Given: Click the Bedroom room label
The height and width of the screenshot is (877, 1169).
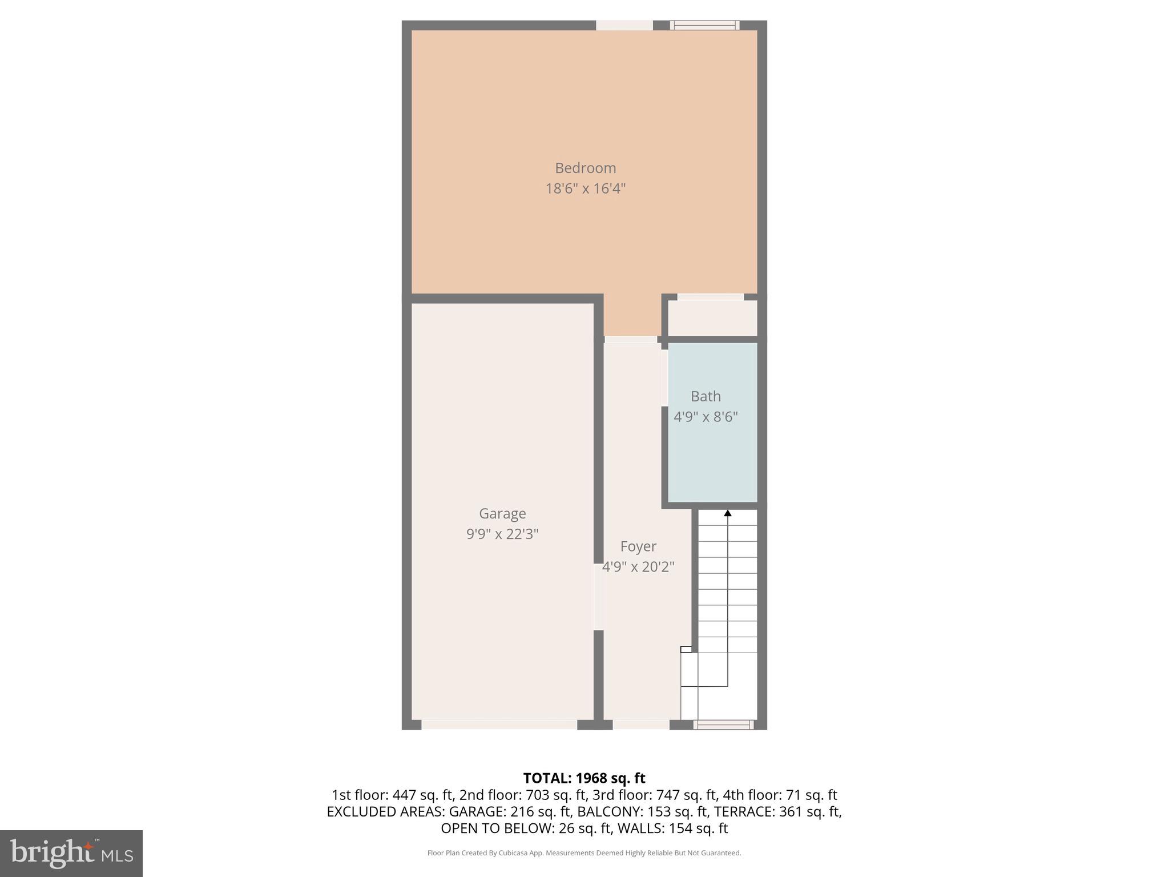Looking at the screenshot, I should (585, 168).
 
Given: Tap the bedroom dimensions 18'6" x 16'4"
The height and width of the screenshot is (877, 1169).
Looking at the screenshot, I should (585, 188).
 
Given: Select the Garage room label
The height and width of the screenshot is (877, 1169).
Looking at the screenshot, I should (502, 514).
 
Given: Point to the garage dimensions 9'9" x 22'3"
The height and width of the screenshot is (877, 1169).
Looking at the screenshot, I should (502, 534).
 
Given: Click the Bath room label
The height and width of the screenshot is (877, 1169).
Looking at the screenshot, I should (706, 396).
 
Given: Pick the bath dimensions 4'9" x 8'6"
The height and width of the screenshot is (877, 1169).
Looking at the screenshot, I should (706, 417).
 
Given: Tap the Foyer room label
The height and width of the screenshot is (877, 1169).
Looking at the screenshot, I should (638, 547).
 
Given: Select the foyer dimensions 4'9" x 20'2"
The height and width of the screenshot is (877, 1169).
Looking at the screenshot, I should (638, 568).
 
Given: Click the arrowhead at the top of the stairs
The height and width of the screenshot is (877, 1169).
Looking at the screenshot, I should (728, 513).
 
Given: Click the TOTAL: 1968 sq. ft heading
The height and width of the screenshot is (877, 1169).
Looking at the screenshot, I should (584, 778).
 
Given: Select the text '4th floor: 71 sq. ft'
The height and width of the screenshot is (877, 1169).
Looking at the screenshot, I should (780, 795).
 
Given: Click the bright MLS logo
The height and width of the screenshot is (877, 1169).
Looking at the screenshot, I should (71, 853).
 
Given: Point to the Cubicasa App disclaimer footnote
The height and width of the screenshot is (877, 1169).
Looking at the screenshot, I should (584, 853).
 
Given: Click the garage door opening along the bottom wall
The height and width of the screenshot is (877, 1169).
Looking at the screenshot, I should (499, 725).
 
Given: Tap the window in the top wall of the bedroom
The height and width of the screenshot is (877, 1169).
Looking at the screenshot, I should (704, 25).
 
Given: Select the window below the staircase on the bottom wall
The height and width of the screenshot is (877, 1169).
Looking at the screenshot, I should (723, 725).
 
